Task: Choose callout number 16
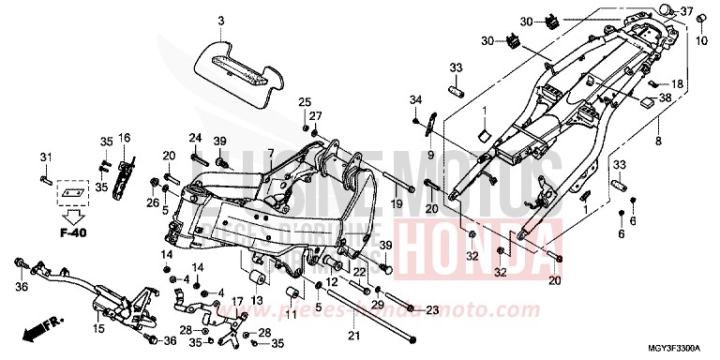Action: (x=122, y=137)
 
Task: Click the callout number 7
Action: (x=269, y=153)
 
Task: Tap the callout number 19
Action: (x=397, y=202)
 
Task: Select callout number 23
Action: (x=432, y=309)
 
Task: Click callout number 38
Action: (x=665, y=97)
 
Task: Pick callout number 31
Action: (x=44, y=155)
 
